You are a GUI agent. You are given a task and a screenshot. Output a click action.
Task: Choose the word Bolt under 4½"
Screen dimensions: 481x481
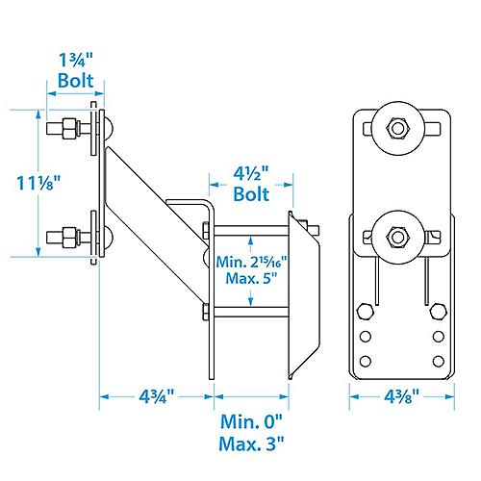251,194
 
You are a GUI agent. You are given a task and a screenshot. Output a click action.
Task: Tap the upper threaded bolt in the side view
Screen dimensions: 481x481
67,127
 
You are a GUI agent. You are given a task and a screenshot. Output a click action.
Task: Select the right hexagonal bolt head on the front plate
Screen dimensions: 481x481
437,312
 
